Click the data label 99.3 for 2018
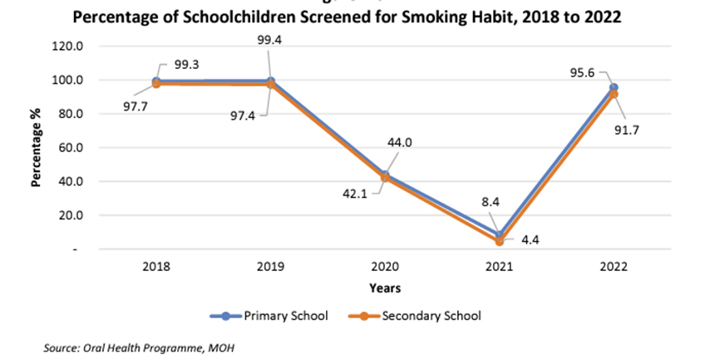(187, 63)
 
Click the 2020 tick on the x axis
(384, 268)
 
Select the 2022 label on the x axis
(613, 268)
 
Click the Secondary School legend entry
(432, 316)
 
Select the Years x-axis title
(385, 288)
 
